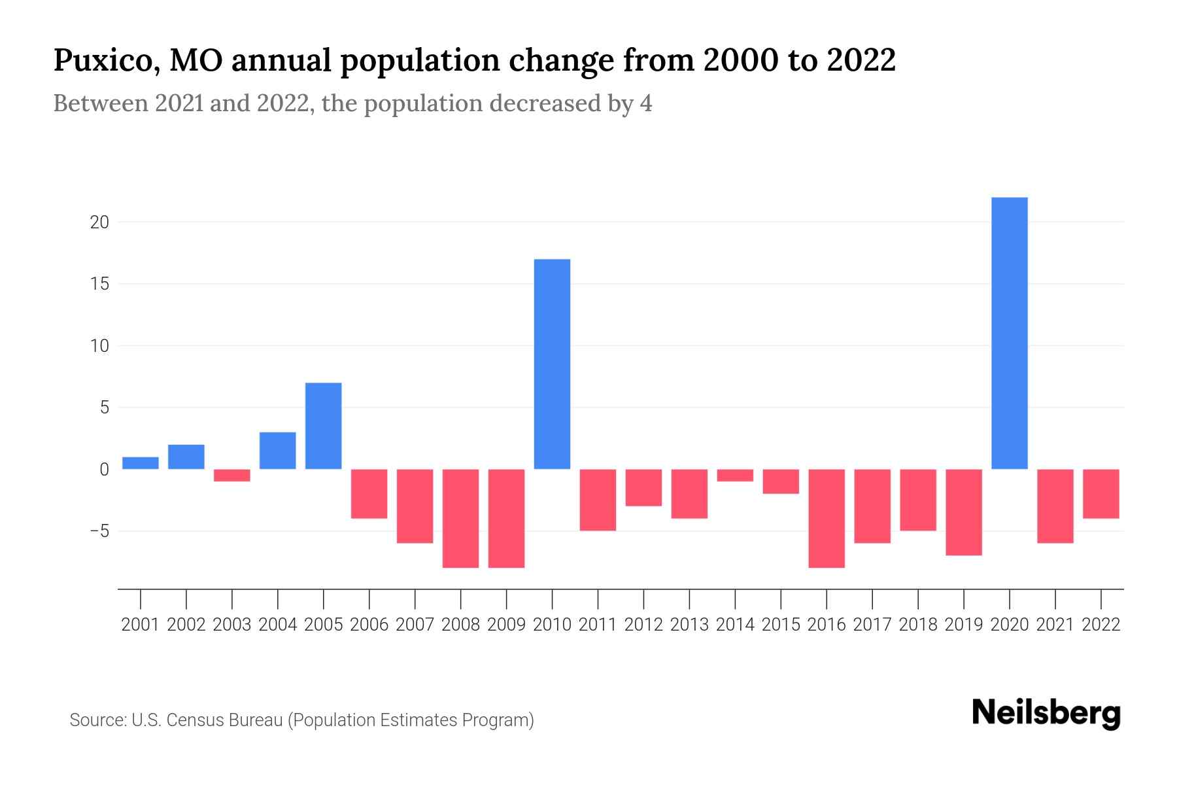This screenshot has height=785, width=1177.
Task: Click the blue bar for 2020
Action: [1010, 334]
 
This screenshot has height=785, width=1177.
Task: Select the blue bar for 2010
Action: [552, 364]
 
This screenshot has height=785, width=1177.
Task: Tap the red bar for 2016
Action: [827, 518]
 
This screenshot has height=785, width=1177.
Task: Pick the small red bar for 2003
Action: [232, 476]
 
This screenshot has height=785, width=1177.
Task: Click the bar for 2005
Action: [324, 426]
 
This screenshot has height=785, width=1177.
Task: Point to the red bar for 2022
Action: [1101, 494]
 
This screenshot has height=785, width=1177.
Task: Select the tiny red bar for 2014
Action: [735, 476]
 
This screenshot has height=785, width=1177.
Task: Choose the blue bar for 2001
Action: [141, 463]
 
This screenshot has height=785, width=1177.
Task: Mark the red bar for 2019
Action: [964, 512]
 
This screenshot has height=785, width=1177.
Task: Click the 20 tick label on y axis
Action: [99, 222]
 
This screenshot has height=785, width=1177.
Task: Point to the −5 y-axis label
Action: [99, 531]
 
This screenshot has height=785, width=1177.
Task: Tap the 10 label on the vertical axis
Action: [99, 346]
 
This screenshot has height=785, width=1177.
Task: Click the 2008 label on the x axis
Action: [460, 625]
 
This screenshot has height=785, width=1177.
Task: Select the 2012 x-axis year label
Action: [643, 625]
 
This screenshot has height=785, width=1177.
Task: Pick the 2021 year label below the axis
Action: [1055, 625]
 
